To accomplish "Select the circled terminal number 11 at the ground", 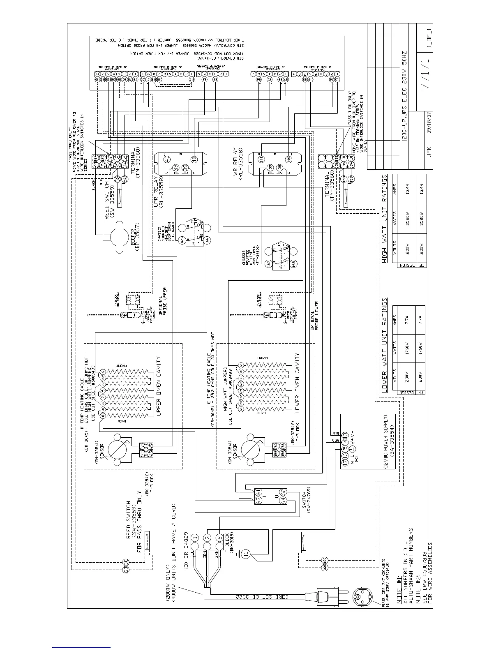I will (246, 554).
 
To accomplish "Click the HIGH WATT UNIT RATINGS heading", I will (385, 219).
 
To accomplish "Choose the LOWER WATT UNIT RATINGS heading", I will (385, 346).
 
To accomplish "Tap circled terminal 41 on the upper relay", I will (167, 159).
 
